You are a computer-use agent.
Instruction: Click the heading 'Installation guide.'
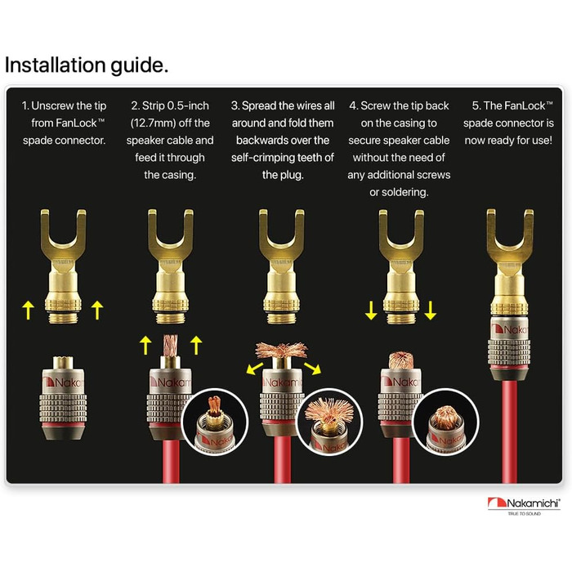87,65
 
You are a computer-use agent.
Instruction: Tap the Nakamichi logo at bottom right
524,506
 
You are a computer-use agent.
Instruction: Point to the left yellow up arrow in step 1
28,311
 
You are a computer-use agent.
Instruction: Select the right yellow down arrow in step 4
431,311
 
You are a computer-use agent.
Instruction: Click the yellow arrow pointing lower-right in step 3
313,368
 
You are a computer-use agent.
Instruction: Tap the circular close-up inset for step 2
215,422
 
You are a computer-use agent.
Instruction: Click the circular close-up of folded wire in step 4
446,422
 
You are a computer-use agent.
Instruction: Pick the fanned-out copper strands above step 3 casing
281,351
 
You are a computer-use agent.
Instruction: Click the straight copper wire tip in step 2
170,346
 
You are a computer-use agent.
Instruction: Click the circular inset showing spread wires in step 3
330,422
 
